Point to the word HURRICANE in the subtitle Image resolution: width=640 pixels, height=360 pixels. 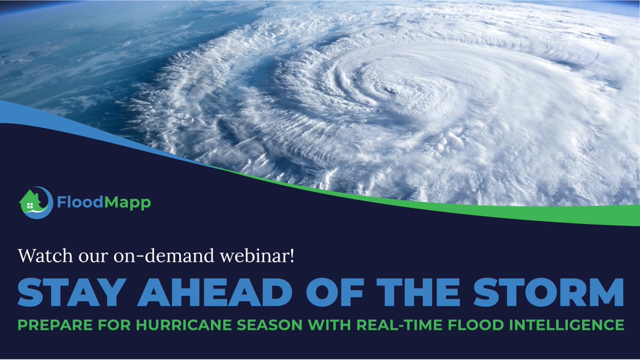coord(162,325)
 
